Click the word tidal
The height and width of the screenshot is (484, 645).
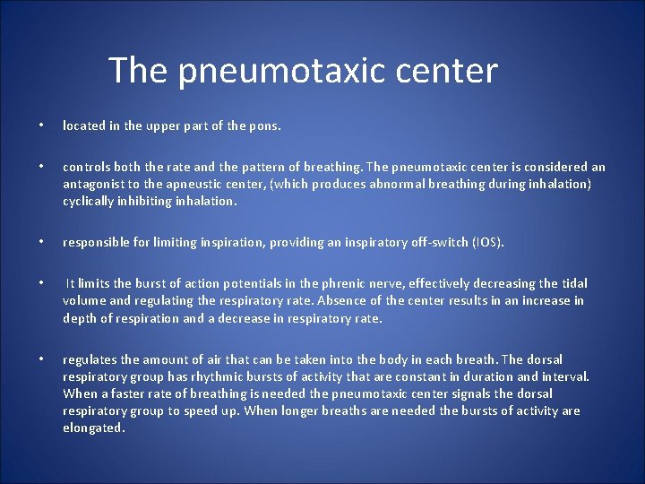pyautogui.click(x=572, y=283)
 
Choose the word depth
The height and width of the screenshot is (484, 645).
pyautogui.click(x=81, y=318)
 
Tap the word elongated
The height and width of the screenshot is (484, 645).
pyautogui.click(x=93, y=428)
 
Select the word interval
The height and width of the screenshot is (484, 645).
pyautogui.click(x=564, y=376)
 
